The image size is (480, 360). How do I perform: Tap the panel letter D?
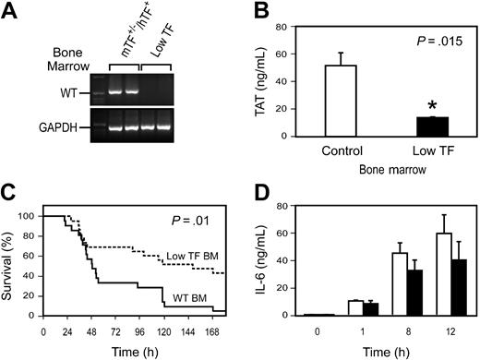254,197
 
